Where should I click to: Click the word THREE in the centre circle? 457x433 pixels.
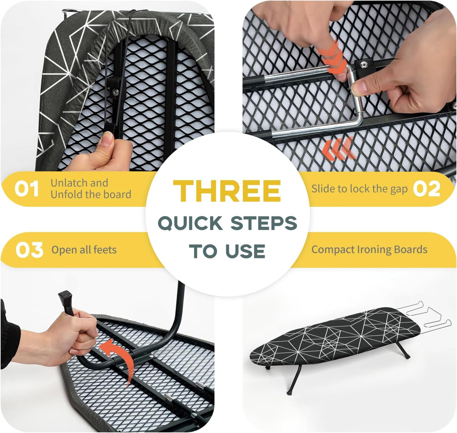[x=227, y=191]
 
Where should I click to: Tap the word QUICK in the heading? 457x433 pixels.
[x=190, y=223]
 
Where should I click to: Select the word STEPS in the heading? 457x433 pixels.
[x=263, y=223]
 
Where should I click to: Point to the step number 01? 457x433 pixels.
[x=27, y=189]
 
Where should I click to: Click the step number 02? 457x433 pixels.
[x=427, y=189]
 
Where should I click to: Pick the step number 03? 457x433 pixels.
[x=29, y=250]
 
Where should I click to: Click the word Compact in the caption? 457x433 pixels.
[x=333, y=250]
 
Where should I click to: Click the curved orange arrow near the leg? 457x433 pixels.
[x=119, y=357]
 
